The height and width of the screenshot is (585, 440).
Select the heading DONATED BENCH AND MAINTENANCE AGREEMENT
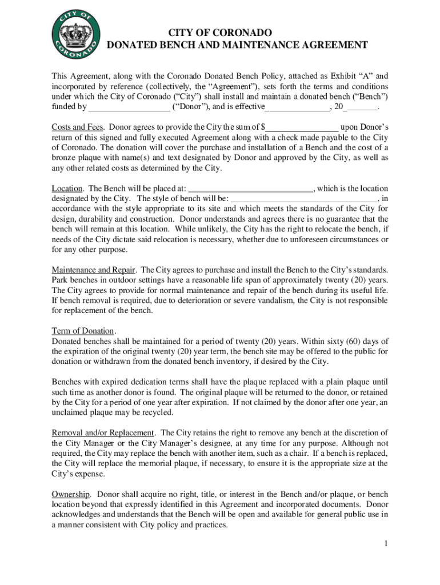tap(237, 45)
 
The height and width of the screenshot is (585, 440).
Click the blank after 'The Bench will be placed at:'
tap(250, 189)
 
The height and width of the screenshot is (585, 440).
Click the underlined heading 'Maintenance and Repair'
tap(94, 270)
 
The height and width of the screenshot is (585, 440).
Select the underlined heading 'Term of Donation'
tap(83, 331)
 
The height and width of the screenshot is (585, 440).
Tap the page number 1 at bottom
tap(386, 543)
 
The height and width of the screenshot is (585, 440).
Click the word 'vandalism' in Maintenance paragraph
tap(276, 300)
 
